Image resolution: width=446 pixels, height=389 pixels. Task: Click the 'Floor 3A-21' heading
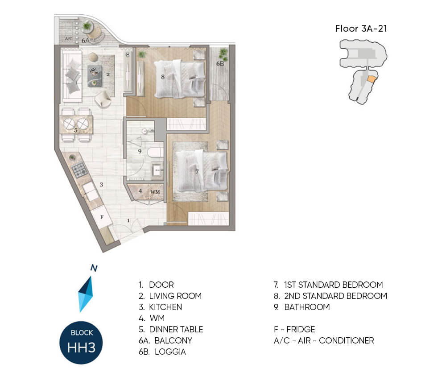361,29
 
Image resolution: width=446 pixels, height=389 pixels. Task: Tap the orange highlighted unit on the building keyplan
372,79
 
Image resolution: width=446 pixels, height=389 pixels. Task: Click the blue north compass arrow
86,294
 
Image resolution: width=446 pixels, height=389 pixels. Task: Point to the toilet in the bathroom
155,152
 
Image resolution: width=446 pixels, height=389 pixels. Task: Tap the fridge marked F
101,218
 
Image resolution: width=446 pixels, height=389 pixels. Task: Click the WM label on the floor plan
155,192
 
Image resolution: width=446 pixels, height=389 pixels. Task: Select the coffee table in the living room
95,76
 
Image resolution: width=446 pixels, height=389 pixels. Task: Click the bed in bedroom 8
180,79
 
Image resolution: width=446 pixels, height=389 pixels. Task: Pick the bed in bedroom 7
202,171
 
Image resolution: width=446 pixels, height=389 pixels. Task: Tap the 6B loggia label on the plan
220,64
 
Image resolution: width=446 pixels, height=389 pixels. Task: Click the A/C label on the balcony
69,39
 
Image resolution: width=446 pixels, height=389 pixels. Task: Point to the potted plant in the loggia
223,53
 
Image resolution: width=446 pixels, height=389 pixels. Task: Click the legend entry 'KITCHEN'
165,307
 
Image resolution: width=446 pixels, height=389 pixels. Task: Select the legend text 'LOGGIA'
170,352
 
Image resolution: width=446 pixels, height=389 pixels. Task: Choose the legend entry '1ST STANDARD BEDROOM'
333,285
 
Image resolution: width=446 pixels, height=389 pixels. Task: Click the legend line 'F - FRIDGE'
294,330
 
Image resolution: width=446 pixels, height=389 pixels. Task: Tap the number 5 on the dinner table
76,131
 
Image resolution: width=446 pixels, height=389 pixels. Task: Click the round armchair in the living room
103,99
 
